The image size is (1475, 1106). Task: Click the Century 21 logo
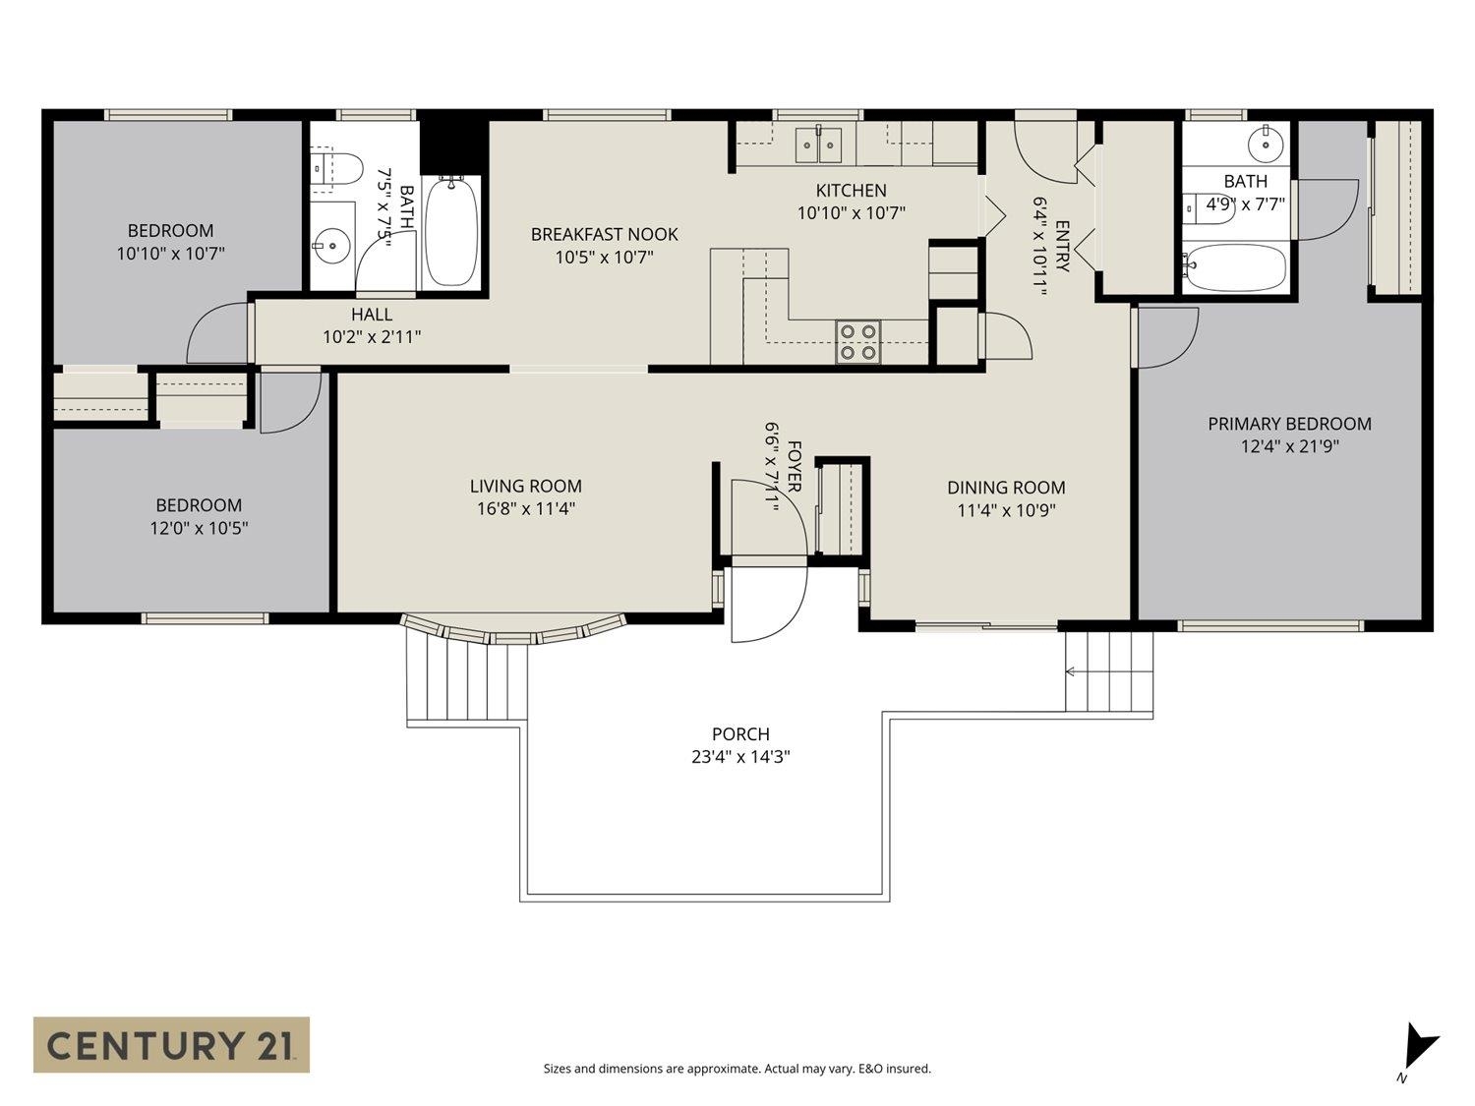click(171, 1044)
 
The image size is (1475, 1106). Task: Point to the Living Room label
click(525, 486)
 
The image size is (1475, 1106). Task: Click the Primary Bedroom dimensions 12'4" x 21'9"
click(1289, 446)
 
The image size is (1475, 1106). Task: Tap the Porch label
click(740, 734)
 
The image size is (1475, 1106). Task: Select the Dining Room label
click(1006, 488)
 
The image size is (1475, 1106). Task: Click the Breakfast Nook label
click(604, 234)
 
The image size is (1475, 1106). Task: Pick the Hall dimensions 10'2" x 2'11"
click(372, 337)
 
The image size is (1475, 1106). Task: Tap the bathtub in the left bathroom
click(451, 232)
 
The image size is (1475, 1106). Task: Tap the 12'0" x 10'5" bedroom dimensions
click(199, 528)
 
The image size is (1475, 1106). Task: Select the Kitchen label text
click(851, 191)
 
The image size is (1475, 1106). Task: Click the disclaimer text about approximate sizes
click(737, 1069)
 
